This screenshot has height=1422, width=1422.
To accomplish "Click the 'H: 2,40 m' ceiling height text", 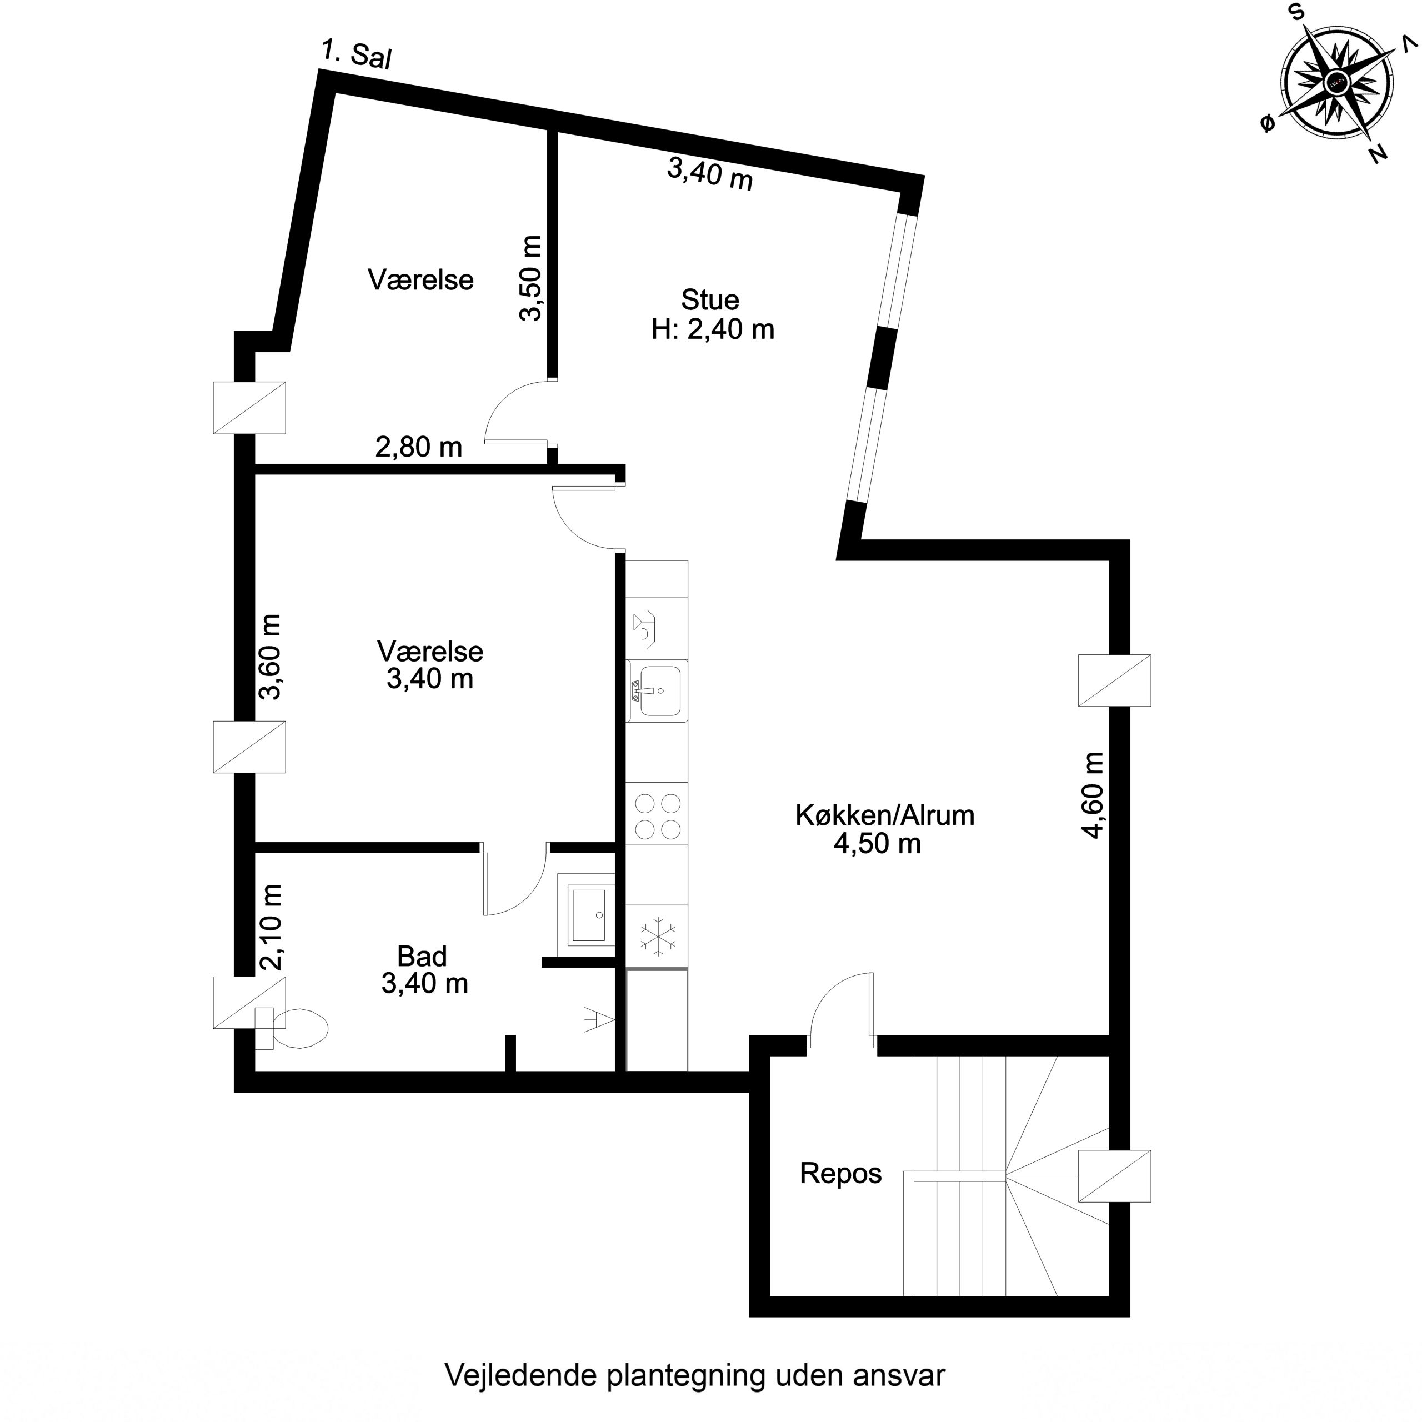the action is pos(713,329).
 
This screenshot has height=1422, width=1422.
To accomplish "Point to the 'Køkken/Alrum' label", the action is pos(885,815).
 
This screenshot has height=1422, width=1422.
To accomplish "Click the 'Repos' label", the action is pos(840,1173).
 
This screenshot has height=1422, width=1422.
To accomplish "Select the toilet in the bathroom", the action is pos(292,1028).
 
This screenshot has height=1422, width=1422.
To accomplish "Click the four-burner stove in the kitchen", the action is pos(657,815).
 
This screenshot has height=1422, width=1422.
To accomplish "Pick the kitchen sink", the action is pos(657,691).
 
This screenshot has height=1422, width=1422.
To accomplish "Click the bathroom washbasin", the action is pos(587,915).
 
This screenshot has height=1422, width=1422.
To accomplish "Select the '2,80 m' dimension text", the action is pos(419,447).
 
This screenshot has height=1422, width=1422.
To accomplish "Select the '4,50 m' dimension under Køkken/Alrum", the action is pos(877,844).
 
